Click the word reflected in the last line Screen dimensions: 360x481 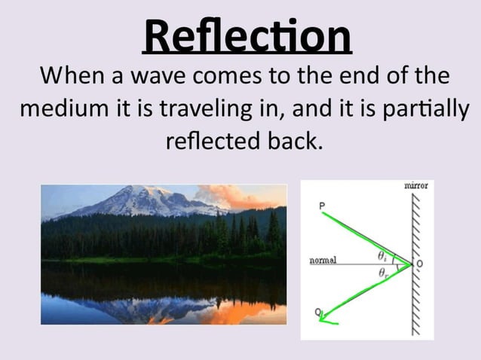click(213, 141)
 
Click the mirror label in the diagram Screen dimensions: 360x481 click(416, 185)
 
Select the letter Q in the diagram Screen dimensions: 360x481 click(318, 312)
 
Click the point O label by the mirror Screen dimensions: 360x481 click(420, 263)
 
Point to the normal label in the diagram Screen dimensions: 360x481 click(323, 261)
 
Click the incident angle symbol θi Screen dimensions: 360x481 click(383, 255)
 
